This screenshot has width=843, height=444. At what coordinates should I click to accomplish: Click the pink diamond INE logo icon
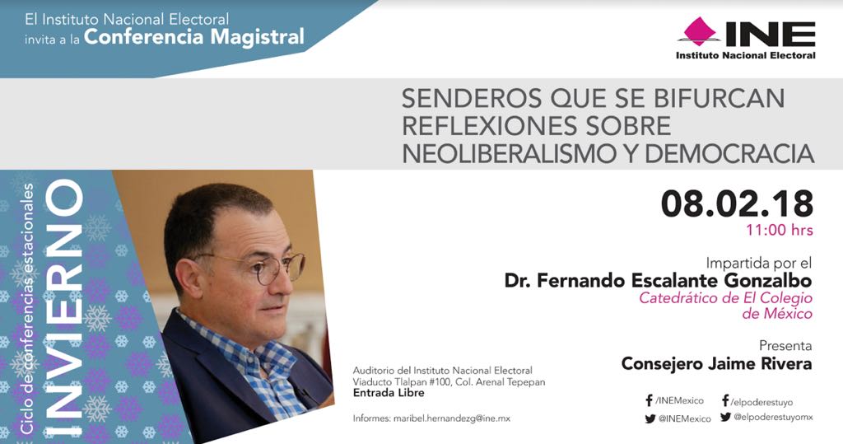[699, 31]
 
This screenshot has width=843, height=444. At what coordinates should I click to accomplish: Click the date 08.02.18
[737, 204]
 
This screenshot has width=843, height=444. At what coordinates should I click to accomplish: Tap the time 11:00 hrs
[779, 231]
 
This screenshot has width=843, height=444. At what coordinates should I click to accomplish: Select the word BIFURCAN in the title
[720, 98]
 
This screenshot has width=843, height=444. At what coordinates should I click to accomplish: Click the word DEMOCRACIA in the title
[729, 153]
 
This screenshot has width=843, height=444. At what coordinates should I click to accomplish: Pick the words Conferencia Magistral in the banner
[194, 36]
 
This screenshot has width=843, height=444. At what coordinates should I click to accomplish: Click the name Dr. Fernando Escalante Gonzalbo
[658, 280]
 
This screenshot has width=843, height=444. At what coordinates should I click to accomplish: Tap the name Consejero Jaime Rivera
[717, 364]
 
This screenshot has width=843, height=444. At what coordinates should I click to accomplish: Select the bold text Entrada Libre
[389, 393]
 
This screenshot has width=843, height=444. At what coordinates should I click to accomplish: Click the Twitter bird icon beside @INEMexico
[650, 418]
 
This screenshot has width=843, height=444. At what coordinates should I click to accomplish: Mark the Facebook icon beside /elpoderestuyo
[725, 400]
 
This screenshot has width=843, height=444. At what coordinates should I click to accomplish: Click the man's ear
[189, 278]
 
